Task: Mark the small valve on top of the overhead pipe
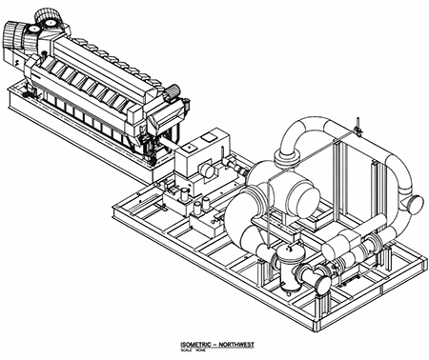pyautogui.click(x=356, y=123)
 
